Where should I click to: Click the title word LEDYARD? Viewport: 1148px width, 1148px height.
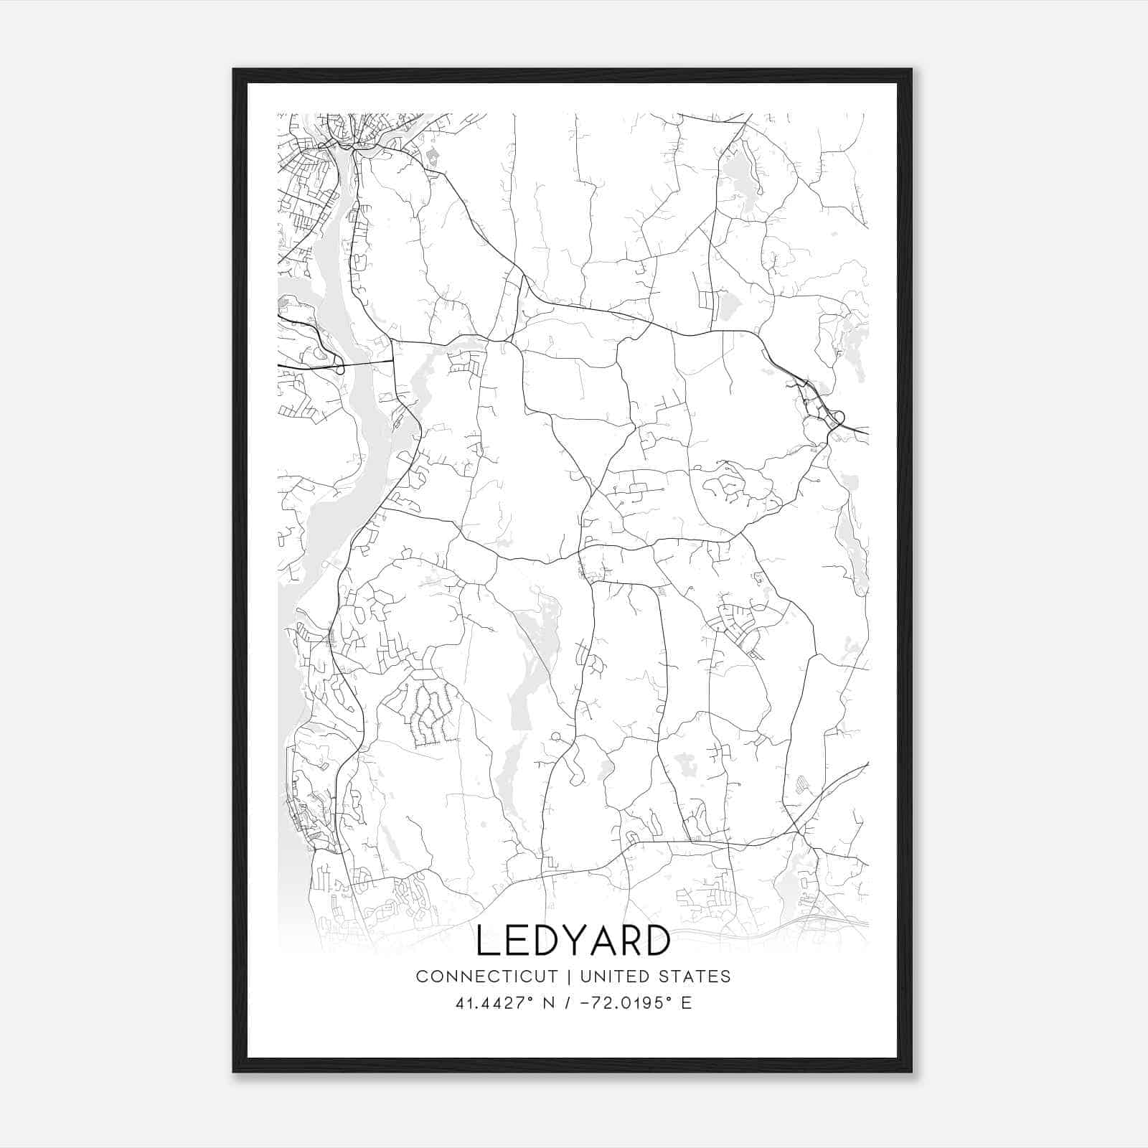(x=573, y=941)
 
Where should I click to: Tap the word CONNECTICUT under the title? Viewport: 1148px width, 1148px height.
(x=486, y=977)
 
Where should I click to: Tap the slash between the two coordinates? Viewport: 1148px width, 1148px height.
(x=567, y=1003)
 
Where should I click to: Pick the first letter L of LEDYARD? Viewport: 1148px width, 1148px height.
(x=486, y=941)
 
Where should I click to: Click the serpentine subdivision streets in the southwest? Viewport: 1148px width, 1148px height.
(x=429, y=714)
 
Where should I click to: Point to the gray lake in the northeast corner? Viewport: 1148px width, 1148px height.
(x=737, y=179)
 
